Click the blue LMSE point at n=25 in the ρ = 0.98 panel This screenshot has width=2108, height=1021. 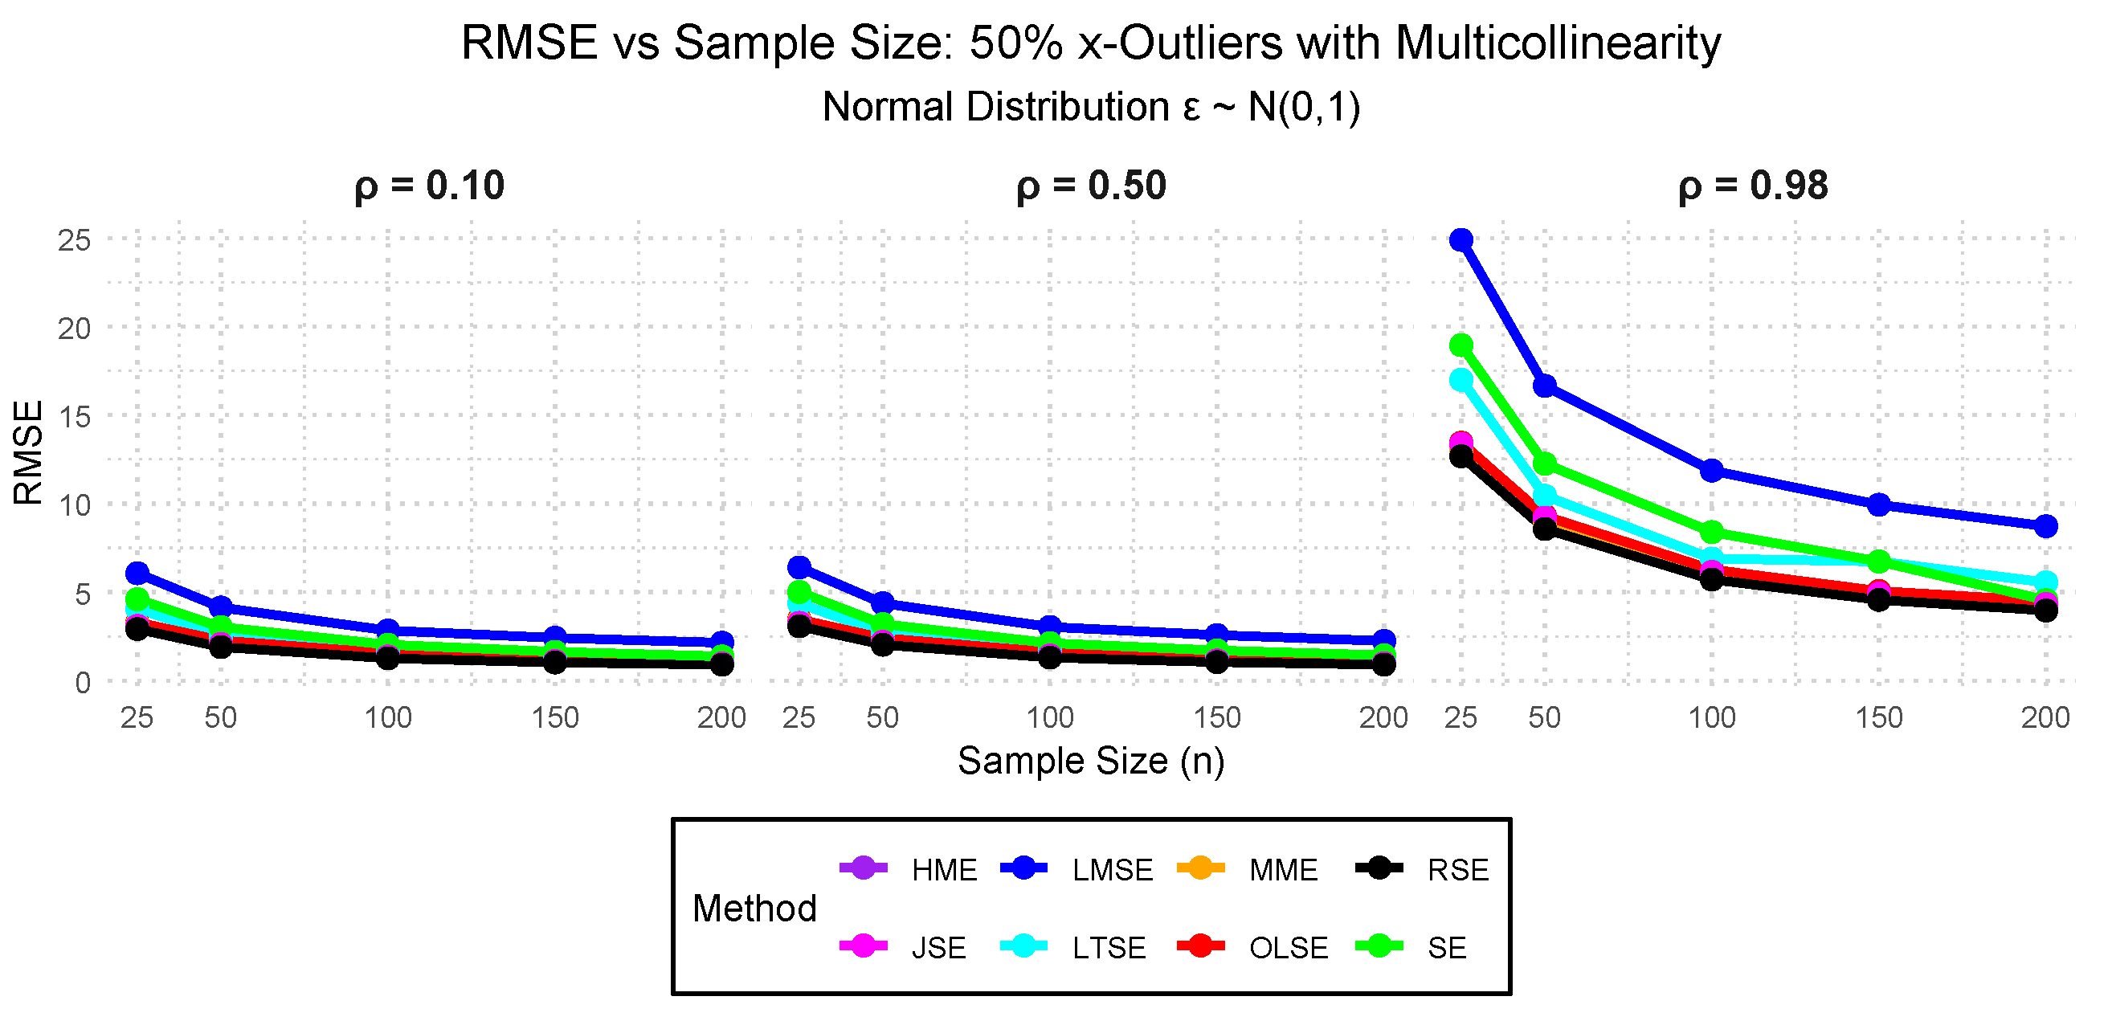click(1460, 239)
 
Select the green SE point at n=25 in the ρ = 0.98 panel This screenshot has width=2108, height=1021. click(1460, 345)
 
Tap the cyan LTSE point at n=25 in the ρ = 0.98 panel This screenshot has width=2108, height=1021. click(1460, 381)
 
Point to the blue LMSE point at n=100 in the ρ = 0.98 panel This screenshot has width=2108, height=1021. click(1712, 471)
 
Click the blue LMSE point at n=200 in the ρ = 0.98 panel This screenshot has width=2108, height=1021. click(2046, 526)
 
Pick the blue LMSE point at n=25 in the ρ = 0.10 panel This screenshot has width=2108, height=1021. click(137, 573)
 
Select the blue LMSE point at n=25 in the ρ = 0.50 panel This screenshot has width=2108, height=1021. click(799, 567)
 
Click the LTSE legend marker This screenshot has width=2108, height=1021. click(1023, 946)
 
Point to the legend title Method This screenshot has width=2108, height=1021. click(754, 908)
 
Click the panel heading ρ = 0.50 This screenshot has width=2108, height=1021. click(1091, 186)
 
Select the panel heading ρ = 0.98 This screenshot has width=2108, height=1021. click(1753, 186)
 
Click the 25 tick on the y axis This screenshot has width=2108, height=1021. click(74, 240)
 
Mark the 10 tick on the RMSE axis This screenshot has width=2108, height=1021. click(74, 505)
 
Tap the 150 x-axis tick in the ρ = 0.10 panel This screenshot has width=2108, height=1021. click(555, 718)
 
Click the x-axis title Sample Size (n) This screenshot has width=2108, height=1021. click(1091, 761)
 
